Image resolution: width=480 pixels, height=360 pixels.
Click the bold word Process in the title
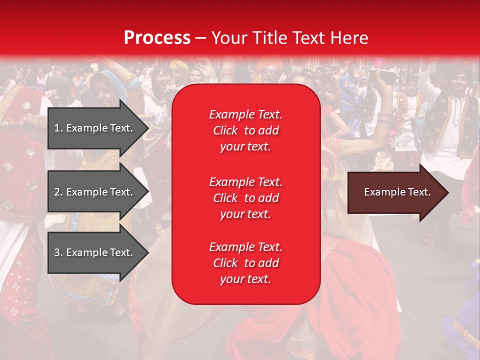click(157, 38)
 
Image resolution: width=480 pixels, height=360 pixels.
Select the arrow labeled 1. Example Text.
click(95, 128)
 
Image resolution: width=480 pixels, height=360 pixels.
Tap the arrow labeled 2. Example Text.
click(95, 192)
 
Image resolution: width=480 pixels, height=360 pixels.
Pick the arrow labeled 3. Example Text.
click(95, 252)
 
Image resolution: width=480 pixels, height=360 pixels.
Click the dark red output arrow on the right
click(395, 192)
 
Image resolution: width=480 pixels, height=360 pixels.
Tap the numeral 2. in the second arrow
click(58, 192)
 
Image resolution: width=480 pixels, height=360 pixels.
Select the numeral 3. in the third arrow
click(58, 252)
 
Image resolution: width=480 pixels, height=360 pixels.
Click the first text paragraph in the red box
click(245, 130)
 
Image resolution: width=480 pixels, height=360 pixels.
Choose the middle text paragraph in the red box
click(245, 198)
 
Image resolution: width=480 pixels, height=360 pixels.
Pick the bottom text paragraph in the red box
click(245, 263)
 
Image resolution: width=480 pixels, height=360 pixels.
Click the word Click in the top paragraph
click(225, 130)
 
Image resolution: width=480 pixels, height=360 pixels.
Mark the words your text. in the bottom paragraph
click(245, 279)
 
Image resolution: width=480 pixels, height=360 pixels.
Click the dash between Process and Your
click(201, 38)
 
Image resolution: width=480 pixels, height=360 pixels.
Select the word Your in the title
click(228, 38)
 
